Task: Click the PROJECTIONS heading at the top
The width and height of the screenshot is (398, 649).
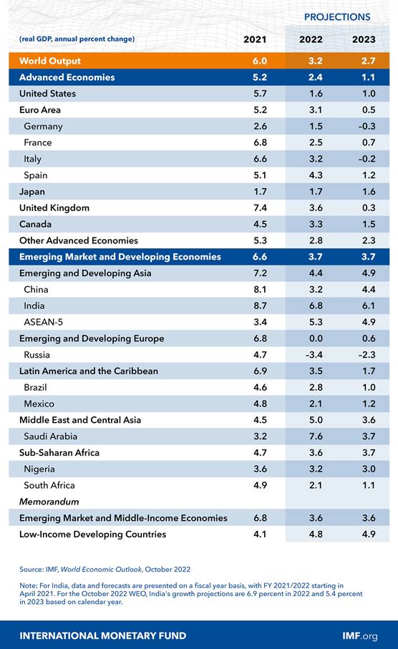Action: (337, 17)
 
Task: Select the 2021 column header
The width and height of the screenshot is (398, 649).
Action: (255, 39)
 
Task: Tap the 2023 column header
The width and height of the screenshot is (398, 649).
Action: (364, 39)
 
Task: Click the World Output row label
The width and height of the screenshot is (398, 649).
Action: (50, 61)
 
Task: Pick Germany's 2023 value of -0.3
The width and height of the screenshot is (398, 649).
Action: (367, 126)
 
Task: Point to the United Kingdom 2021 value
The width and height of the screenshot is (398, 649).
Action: (260, 208)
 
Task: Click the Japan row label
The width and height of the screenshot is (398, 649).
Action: (32, 192)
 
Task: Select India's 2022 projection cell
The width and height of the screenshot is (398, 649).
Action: (316, 306)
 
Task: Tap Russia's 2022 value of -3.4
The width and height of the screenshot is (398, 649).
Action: (314, 355)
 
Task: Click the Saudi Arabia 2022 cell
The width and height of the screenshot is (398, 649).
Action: (316, 436)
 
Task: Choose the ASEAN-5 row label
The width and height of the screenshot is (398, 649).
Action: (44, 322)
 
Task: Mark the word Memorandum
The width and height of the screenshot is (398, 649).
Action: (49, 502)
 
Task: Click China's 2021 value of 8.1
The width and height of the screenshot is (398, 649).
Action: (260, 289)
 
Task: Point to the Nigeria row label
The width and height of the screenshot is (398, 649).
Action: (39, 469)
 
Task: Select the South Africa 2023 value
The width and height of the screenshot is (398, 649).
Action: (369, 485)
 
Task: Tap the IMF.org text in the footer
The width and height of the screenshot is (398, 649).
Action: (360, 635)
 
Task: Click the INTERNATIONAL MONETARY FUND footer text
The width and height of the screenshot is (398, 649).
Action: (102, 635)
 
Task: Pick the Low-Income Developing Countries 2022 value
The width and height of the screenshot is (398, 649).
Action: (316, 534)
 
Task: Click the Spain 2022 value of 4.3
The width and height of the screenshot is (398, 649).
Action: (316, 175)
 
